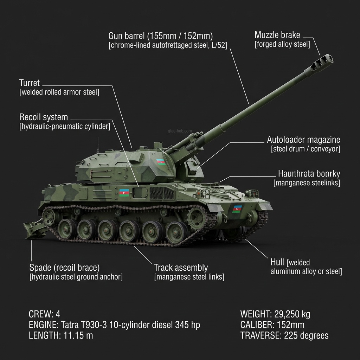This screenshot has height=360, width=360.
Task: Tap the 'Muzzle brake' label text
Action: coord(277,35)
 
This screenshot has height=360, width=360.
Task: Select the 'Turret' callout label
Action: coord(30,83)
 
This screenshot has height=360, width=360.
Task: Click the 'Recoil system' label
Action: coord(44,117)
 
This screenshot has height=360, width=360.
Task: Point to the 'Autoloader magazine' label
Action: coord(303,140)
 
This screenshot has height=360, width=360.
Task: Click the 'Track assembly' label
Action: coord(181,268)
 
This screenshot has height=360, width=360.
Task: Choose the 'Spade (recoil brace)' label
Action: coord(64,268)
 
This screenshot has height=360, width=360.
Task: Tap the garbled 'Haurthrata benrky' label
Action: coord(309,174)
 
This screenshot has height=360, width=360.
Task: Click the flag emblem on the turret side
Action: coord(161,162)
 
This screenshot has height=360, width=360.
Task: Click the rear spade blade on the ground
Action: coord(34,229)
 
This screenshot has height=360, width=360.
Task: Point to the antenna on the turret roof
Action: coord(98,145)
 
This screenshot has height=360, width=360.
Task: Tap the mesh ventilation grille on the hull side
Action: coord(161,193)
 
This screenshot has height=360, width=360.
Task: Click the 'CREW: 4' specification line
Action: coord(44,314)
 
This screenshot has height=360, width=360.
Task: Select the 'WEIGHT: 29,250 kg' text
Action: coord(275,314)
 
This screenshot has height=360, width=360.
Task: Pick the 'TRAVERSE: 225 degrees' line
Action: coord(284,335)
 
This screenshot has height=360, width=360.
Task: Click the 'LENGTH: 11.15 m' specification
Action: coord(60,335)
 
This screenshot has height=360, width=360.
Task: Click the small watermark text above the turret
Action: coord(180,131)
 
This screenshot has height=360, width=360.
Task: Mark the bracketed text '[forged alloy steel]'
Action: coord(282,44)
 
